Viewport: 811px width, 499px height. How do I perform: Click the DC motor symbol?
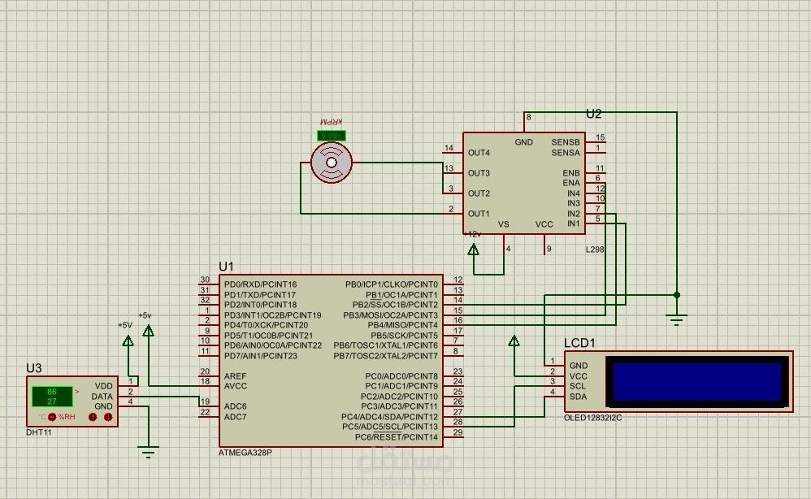coord(332,163)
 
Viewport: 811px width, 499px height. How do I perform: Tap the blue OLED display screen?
coord(700,380)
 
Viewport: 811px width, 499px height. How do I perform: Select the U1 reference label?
coord(226,267)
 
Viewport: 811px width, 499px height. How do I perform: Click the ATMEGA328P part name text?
coord(245,452)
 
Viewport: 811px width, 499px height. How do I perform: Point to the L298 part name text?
coord(595,249)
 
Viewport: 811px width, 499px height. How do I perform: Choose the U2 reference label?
coord(594,114)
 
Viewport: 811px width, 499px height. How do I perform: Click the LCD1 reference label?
coord(579,343)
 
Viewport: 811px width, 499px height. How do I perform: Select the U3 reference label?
coord(33,368)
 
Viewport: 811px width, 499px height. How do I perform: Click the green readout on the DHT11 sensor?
coord(51,396)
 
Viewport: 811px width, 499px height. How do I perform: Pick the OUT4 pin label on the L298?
coord(479,153)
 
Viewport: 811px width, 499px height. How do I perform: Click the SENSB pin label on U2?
coord(566,142)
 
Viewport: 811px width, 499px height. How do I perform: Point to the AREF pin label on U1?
coord(236,375)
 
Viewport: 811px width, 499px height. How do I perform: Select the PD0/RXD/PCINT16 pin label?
coord(260,284)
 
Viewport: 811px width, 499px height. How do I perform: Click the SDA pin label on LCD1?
coord(579,397)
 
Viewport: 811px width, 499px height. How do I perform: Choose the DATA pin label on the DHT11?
coord(102,396)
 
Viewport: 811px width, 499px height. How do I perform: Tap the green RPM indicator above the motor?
coord(331,135)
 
